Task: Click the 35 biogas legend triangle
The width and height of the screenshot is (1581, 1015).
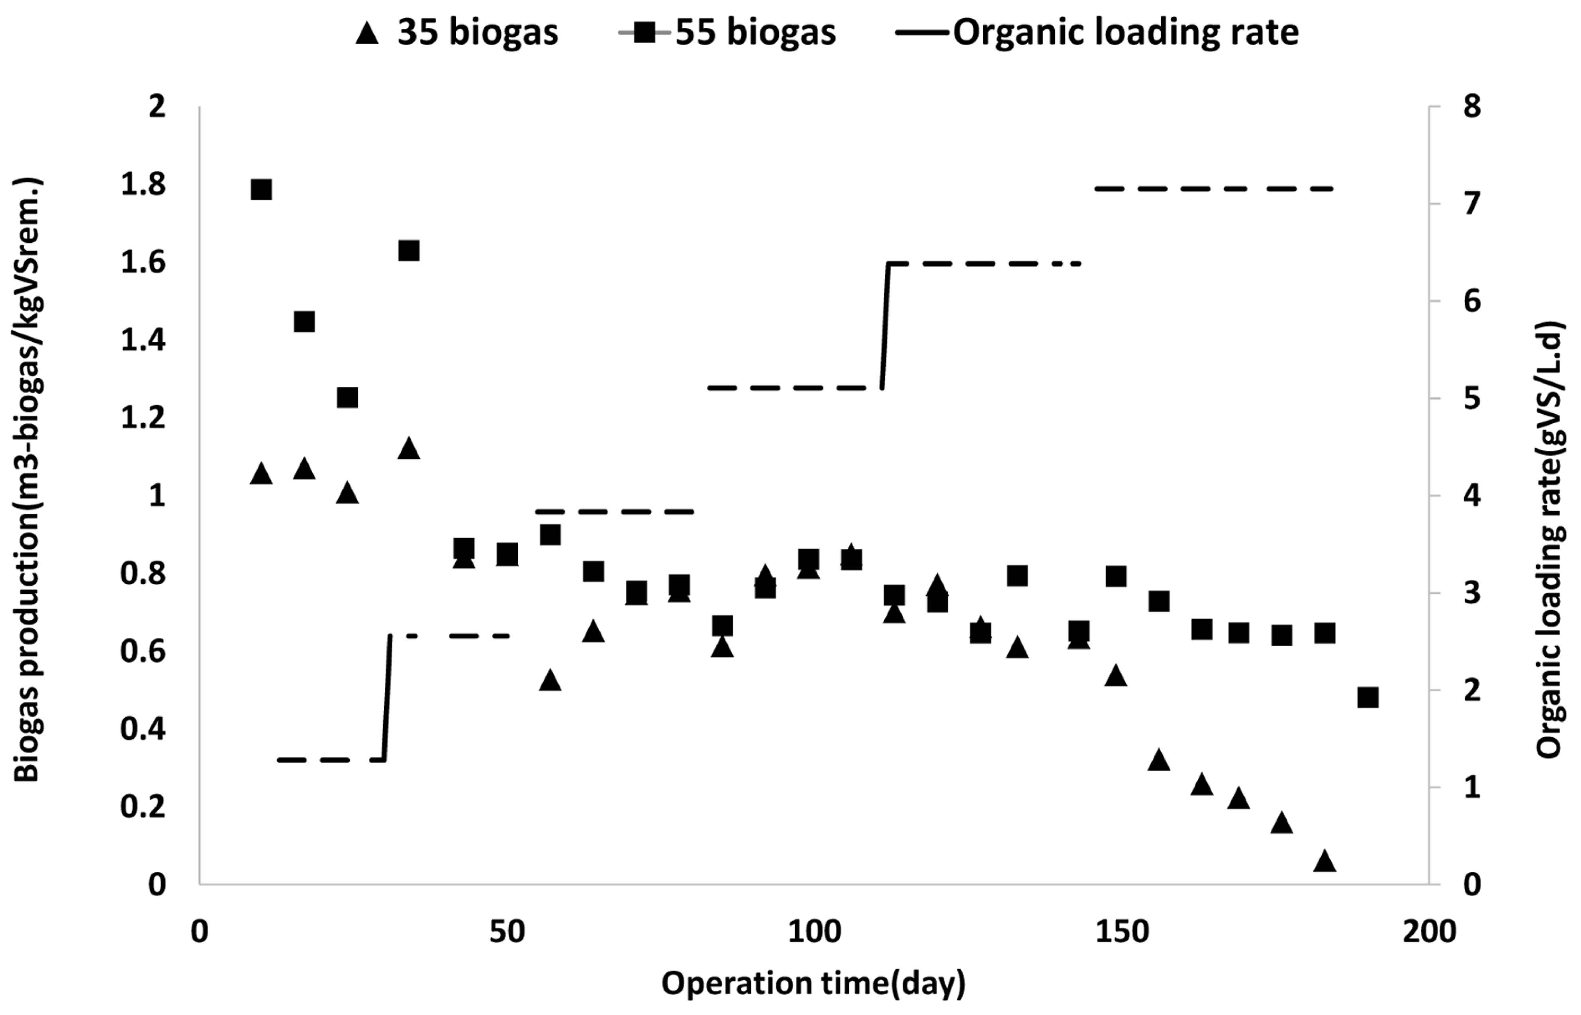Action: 367,33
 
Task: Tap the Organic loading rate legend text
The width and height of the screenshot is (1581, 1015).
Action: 1126,31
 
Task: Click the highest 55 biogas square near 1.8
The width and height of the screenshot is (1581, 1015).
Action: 262,190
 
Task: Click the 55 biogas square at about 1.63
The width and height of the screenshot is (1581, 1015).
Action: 409,251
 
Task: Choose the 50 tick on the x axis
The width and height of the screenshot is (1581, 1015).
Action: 507,933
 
